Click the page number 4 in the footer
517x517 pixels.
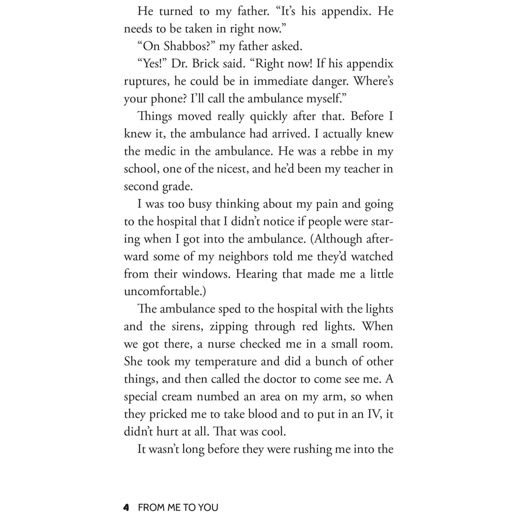127,507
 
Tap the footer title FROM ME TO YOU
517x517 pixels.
178,507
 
